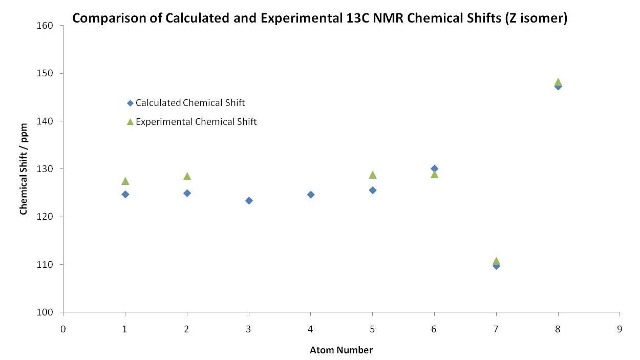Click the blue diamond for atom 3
pyautogui.click(x=249, y=201)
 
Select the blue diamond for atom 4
pyautogui.click(x=311, y=195)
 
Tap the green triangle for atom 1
pyautogui.click(x=125, y=181)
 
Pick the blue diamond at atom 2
pyautogui.click(x=187, y=193)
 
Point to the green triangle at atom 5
pyautogui.click(x=373, y=175)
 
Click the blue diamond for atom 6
pyautogui.click(x=435, y=168)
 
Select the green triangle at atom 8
pyautogui.click(x=558, y=82)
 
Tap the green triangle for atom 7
pyautogui.click(x=496, y=261)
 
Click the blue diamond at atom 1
pyautogui.click(x=125, y=194)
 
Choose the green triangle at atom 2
pyautogui.click(x=187, y=176)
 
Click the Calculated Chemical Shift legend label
pyautogui.click(x=190, y=103)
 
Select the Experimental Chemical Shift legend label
pyautogui.click(x=196, y=122)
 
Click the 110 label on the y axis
pyautogui.click(x=45, y=265)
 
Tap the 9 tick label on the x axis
pyautogui.click(x=620, y=329)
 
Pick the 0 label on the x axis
pyautogui.click(x=63, y=329)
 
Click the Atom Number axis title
pyautogui.click(x=341, y=350)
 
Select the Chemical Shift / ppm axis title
pyautogui.click(x=24, y=169)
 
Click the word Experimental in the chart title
pyautogui.click(x=302, y=18)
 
